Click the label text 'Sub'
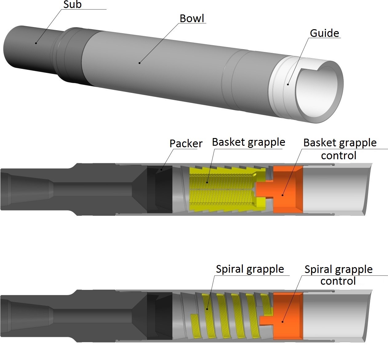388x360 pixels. (x=72, y=5)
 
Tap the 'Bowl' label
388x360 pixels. (x=192, y=18)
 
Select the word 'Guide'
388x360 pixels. (x=324, y=33)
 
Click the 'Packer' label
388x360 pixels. (x=186, y=144)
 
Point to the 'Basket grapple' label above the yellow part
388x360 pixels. (x=248, y=142)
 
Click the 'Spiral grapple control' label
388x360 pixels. (x=338, y=275)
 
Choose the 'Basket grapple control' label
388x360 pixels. (x=340, y=149)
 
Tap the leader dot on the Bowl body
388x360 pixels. (x=139, y=63)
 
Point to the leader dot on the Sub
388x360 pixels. (x=36, y=43)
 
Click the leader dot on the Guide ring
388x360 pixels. (x=288, y=84)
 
